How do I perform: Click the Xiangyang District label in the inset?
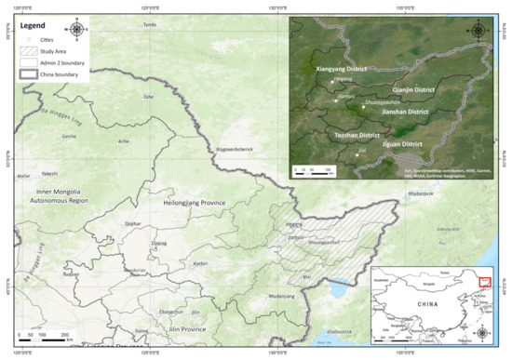[342, 69]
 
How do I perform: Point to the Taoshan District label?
[357, 136]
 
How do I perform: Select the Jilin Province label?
[182, 329]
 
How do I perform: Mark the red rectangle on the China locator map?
[483, 283]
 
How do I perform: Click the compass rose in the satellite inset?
[478, 30]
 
